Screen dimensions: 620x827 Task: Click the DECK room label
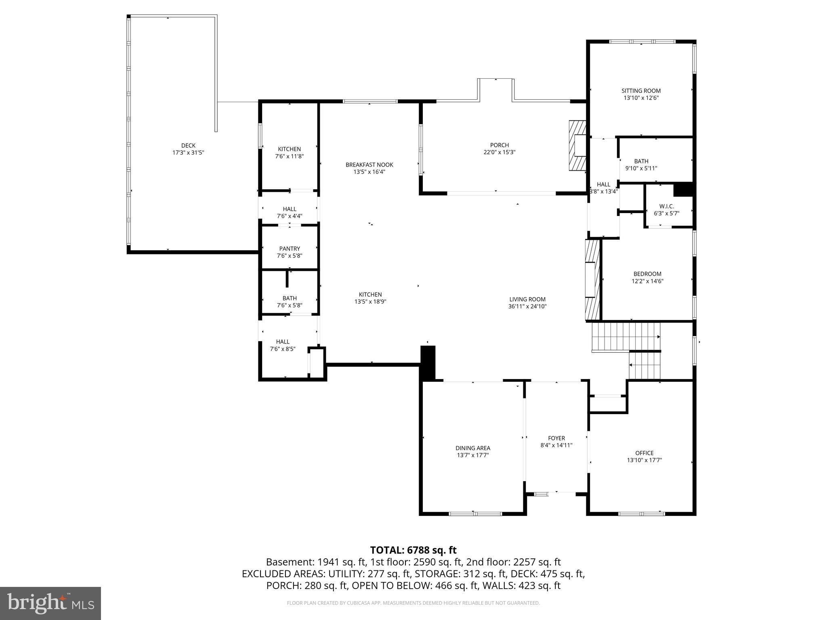(x=188, y=146)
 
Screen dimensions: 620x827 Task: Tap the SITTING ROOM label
(x=641, y=91)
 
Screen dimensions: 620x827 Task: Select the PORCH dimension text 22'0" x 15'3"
(x=500, y=152)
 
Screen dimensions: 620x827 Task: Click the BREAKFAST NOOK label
(x=369, y=165)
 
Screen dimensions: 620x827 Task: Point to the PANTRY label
(x=290, y=249)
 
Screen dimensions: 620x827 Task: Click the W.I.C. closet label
(x=666, y=206)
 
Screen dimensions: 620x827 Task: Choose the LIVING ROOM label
(x=527, y=299)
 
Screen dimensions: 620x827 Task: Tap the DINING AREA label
(x=473, y=448)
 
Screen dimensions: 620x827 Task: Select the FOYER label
(x=556, y=438)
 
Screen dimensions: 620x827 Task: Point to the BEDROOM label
(x=647, y=274)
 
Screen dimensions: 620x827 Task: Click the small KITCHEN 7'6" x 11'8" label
(x=290, y=149)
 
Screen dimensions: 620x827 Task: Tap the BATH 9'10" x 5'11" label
(x=641, y=161)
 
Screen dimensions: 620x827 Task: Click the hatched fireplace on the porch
(x=577, y=146)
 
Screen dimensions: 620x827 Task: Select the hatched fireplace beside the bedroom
(x=592, y=280)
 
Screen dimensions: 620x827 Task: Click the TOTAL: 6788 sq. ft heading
(x=413, y=550)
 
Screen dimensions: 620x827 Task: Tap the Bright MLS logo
(x=50, y=603)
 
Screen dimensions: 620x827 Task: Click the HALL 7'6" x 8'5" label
(x=283, y=341)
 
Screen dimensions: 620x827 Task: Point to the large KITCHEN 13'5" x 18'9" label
(x=370, y=295)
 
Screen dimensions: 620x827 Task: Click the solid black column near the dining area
(x=428, y=362)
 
